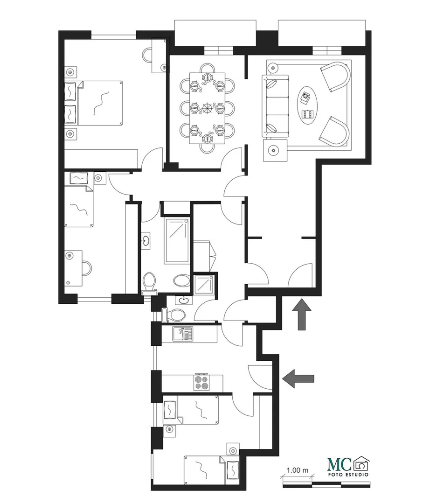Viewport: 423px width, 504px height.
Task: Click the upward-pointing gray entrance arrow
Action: pos(302,314)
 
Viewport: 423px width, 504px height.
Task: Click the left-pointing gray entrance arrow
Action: pos(298,378)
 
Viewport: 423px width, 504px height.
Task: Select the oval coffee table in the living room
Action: pos(308,104)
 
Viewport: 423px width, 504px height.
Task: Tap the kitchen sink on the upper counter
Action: pos(182,333)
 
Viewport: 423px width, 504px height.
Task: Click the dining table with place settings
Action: pos(207,108)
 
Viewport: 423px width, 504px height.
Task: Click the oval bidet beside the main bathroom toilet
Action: pos(182,280)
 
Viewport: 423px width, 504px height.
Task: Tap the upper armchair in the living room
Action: pos(335,76)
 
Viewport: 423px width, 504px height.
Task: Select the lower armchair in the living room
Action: pos(334,132)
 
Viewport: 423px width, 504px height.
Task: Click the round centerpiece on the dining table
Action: pos(207,108)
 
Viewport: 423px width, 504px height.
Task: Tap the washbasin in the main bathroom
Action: pos(146,240)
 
